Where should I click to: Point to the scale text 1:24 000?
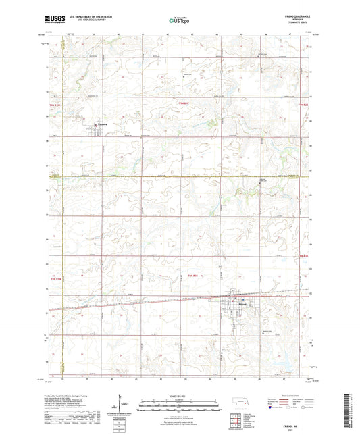[x=180, y=395]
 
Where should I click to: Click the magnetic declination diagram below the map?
[x=122, y=408]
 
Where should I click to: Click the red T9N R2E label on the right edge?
[x=303, y=104]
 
